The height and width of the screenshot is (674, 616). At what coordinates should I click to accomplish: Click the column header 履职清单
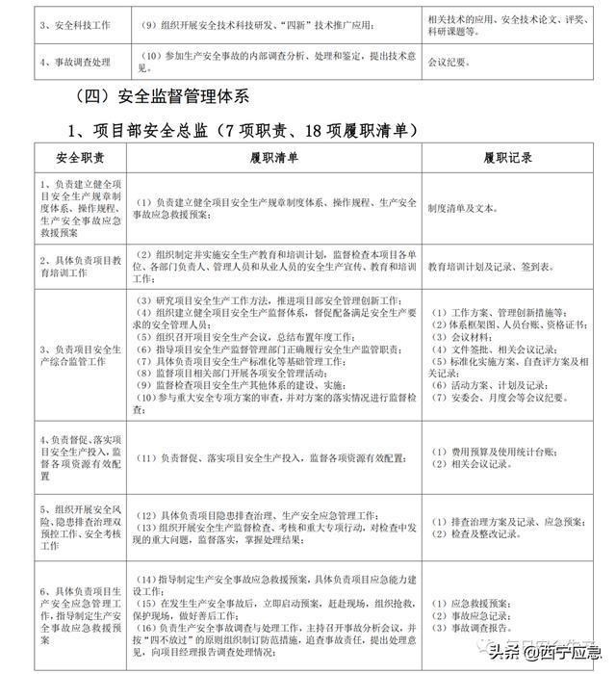tap(273, 156)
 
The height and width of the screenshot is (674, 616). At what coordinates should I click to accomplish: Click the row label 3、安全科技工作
tap(59, 20)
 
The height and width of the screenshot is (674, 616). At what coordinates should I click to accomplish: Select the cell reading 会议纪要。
tap(450, 62)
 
